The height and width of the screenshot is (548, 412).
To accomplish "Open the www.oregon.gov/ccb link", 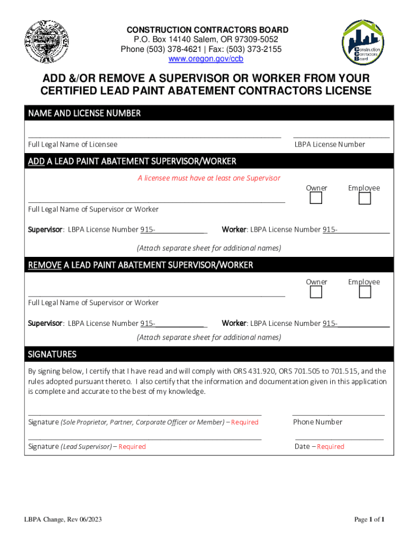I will [x=206, y=59].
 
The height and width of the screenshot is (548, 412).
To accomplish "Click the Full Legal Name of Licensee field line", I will [x=154, y=136].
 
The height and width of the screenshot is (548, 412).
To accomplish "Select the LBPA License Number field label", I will [x=330, y=144].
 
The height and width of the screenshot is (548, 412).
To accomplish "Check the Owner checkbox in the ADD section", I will [x=316, y=199].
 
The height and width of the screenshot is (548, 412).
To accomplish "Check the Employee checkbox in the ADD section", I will [x=364, y=199].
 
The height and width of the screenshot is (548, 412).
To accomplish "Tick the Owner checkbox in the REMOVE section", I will [x=316, y=292].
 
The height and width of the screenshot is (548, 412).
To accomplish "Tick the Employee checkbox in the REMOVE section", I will [x=364, y=292].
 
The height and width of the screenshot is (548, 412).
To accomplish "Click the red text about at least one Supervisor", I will [x=209, y=178].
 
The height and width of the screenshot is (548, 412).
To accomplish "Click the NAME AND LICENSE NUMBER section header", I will [x=84, y=113].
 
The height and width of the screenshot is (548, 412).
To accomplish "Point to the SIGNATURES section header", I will [x=52, y=354].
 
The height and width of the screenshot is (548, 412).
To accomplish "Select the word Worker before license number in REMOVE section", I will [x=234, y=323].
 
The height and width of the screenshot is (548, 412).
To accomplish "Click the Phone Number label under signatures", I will [x=317, y=422].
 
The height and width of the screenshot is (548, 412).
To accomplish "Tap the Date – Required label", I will [x=319, y=446].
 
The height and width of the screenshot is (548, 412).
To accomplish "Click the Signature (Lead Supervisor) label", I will [x=87, y=446].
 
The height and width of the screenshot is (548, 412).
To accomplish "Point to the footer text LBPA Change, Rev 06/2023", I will [x=63, y=520].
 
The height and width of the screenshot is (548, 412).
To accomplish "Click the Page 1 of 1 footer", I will [x=369, y=520].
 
